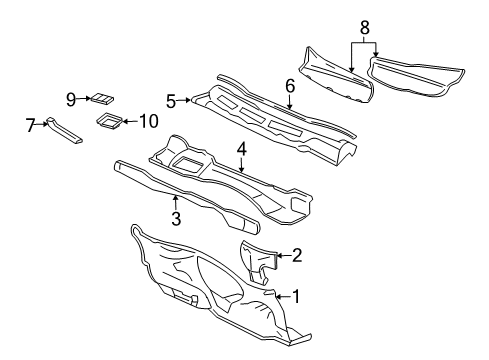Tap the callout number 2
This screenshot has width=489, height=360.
tap(296, 256)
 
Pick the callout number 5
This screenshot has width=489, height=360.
tap(171, 100)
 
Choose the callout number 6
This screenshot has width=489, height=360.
tap(289, 87)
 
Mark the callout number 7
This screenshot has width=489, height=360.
tap(30, 124)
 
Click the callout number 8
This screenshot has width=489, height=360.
tap(364, 27)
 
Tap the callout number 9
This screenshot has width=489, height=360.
tap(72, 98)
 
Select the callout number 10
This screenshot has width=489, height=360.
tap(148, 122)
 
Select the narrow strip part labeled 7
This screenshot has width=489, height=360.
tap(62, 132)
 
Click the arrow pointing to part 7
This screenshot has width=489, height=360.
tap(44, 125)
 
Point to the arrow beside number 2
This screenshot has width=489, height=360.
tap(281, 256)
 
